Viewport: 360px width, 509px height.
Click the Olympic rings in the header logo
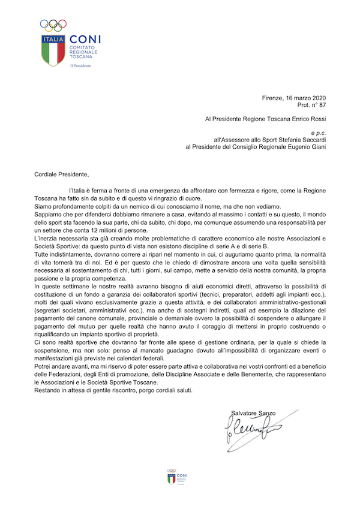click(x=53, y=25)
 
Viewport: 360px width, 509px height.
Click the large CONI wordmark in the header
click(x=85, y=39)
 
